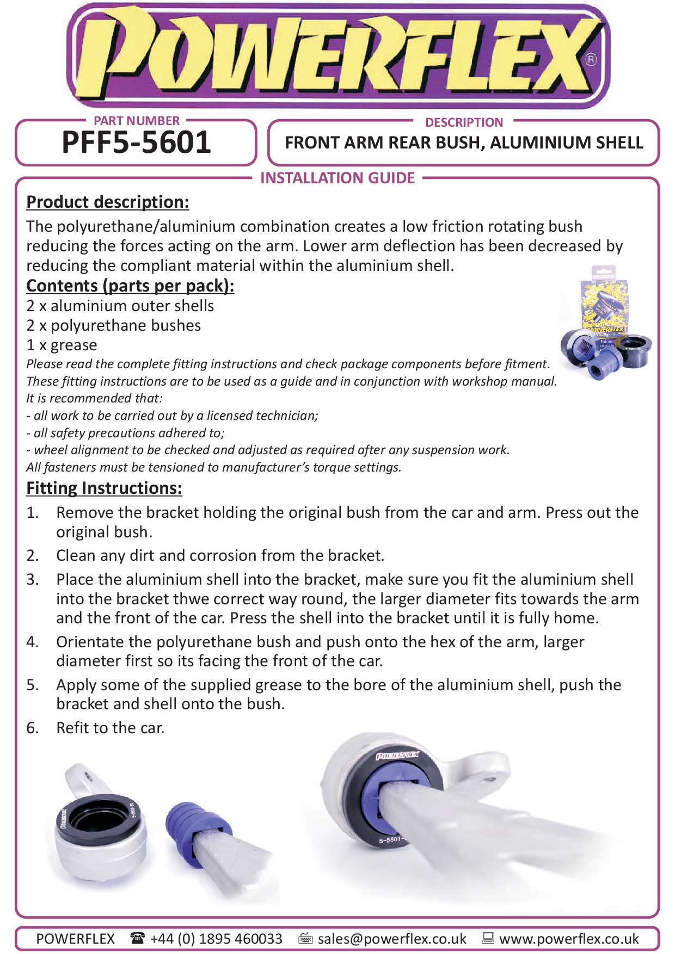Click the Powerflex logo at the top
click(x=337, y=57)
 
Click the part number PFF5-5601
click(x=136, y=143)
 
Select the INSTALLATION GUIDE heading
click(x=337, y=178)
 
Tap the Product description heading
click(x=108, y=202)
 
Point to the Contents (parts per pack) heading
click(x=130, y=286)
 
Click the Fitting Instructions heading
click(x=104, y=488)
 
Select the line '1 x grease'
click(x=62, y=345)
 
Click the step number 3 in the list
click(x=33, y=579)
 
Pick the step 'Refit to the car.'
click(x=111, y=728)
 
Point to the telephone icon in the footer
click(x=137, y=938)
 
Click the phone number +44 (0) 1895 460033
click(x=216, y=939)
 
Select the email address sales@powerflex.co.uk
click(x=392, y=939)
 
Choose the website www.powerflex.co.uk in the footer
click(x=569, y=939)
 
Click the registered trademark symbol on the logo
click(x=591, y=59)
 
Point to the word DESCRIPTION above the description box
click(x=464, y=122)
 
